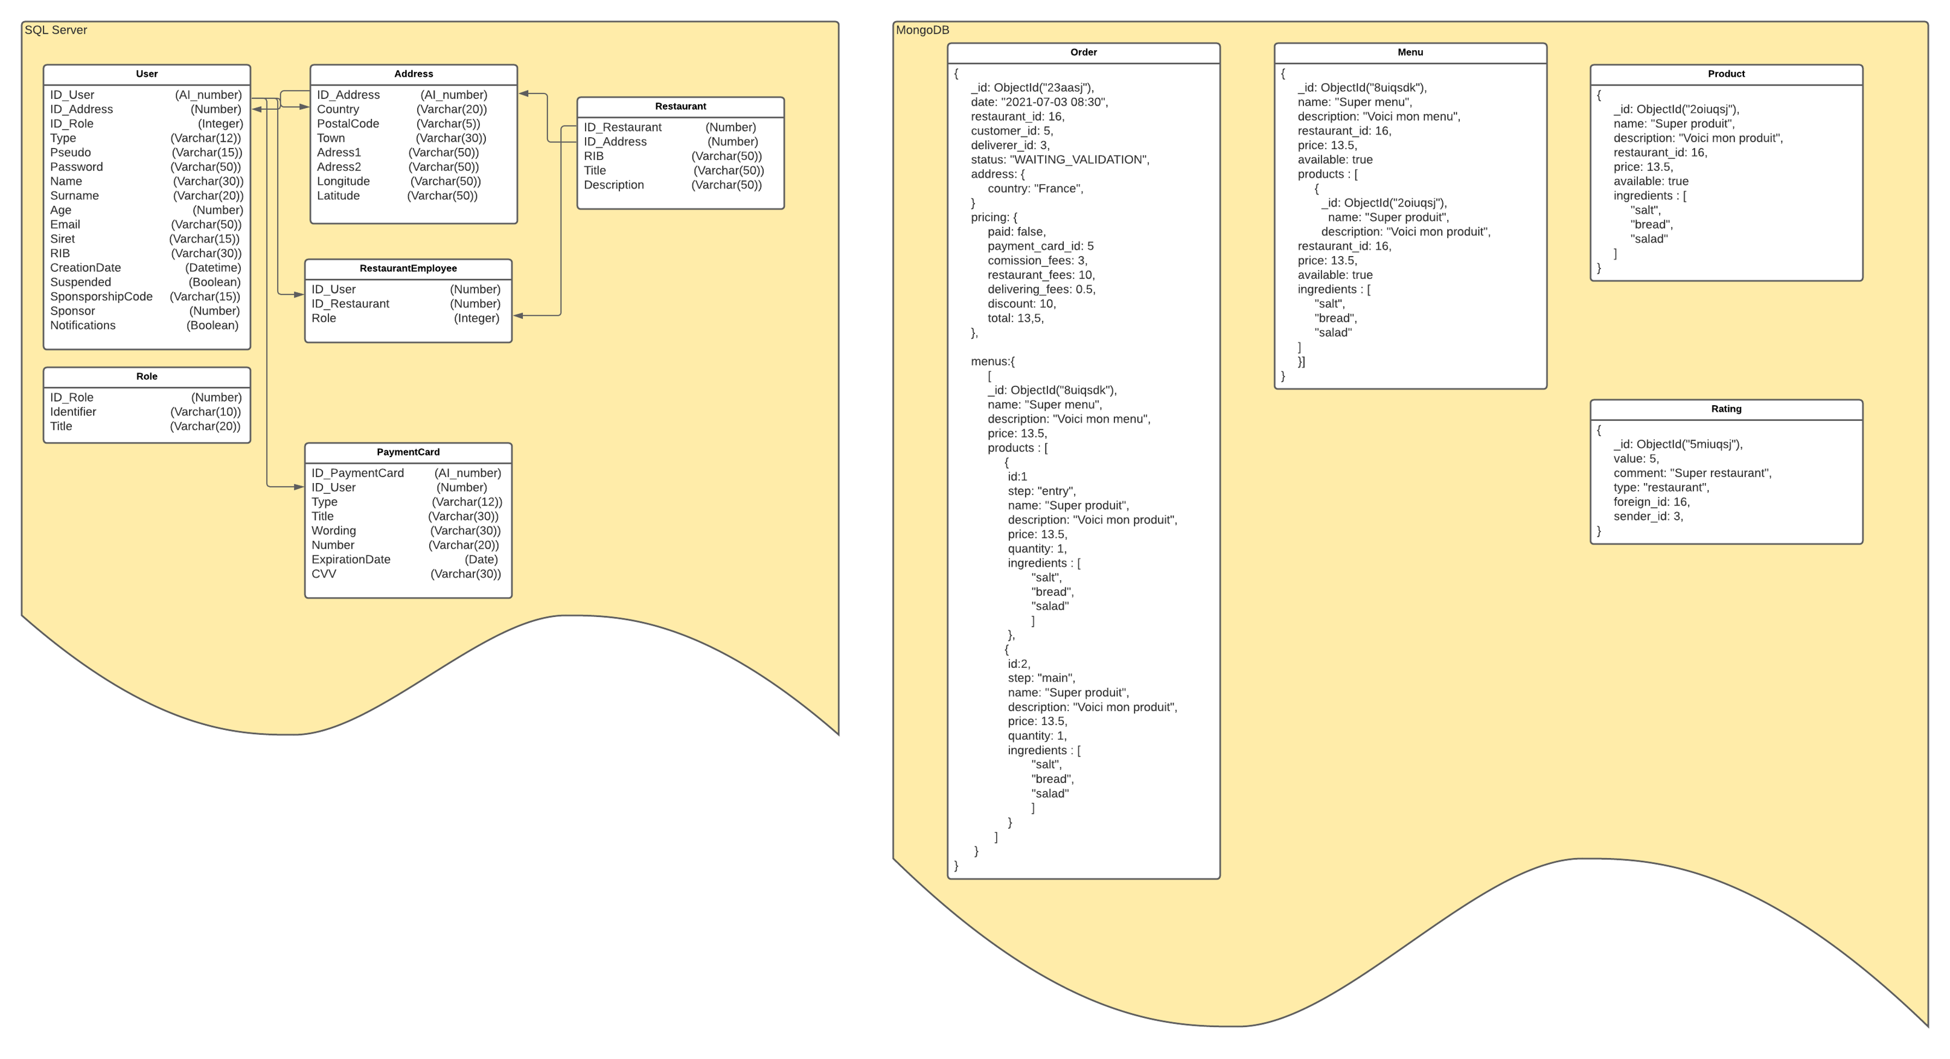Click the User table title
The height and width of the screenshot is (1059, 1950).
147,74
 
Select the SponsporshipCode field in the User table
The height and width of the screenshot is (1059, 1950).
101,296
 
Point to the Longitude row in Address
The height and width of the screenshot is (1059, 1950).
343,182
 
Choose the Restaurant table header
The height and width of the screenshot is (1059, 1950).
680,107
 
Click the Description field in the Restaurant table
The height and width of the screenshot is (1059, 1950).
613,185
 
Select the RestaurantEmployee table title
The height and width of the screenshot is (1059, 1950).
408,269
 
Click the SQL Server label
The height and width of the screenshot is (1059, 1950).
56,30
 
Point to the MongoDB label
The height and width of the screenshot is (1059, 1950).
922,30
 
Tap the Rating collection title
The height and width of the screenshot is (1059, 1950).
1726,409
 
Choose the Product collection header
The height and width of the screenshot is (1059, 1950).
1726,74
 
